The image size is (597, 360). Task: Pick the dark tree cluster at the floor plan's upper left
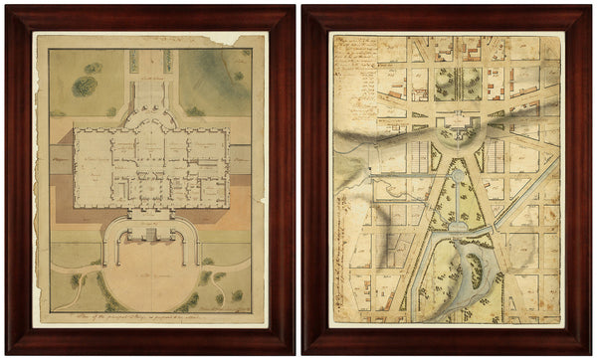tap(86, 86)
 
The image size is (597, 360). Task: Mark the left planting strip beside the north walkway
tap(132, 62)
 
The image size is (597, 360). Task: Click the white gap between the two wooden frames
tap(298, 179)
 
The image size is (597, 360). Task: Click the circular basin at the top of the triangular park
tap(455, 175)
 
